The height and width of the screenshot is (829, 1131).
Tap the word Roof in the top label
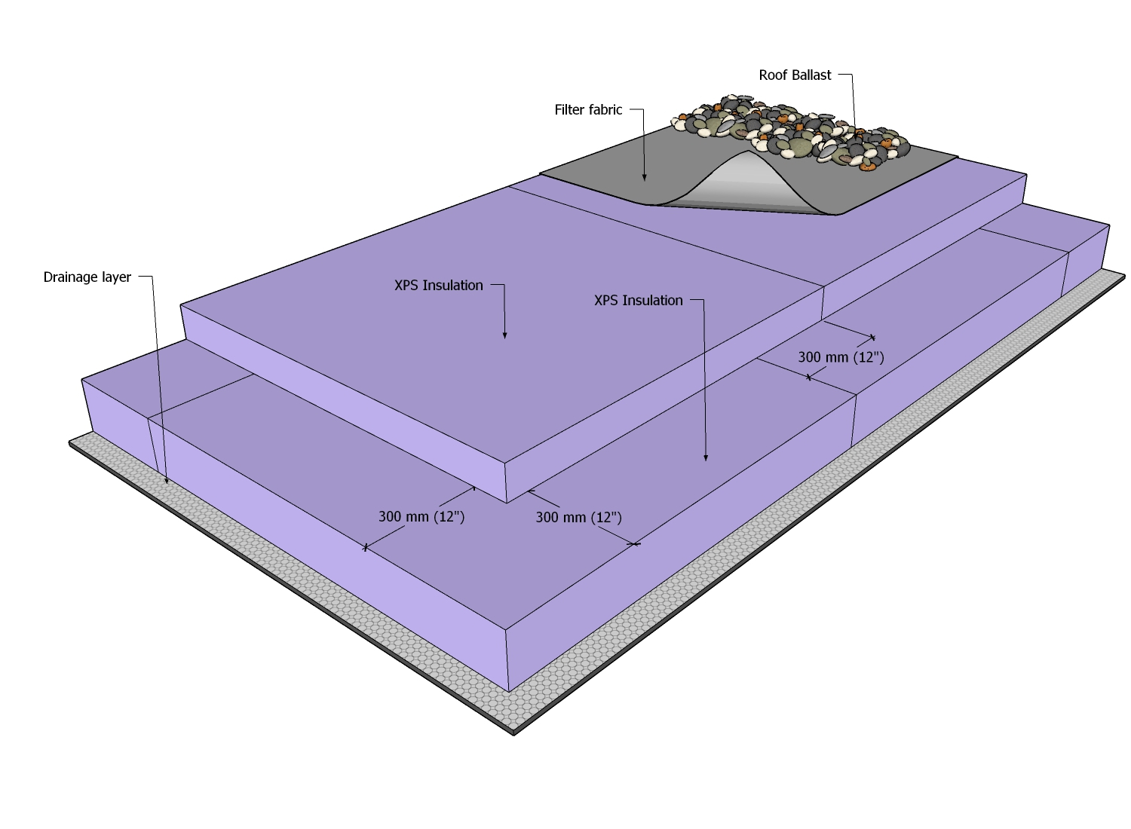[x=772, y=75]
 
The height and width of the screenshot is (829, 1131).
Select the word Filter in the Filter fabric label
[x=569, y=110]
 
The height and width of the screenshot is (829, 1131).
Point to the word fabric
[x=605, y=110]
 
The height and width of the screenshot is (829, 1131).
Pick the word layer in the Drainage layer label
[x=117, y=277]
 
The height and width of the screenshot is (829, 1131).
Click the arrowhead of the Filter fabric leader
[x=645, y=178]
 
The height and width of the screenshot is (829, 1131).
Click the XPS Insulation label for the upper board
[x=438, y=286]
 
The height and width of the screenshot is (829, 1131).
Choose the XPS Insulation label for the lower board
[x=638, y=301]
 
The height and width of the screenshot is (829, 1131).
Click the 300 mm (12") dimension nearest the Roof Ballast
[x=841, y=357]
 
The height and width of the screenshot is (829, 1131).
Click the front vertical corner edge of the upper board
[x=506, y=482]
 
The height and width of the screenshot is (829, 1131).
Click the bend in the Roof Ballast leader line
[x=852, y=75]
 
